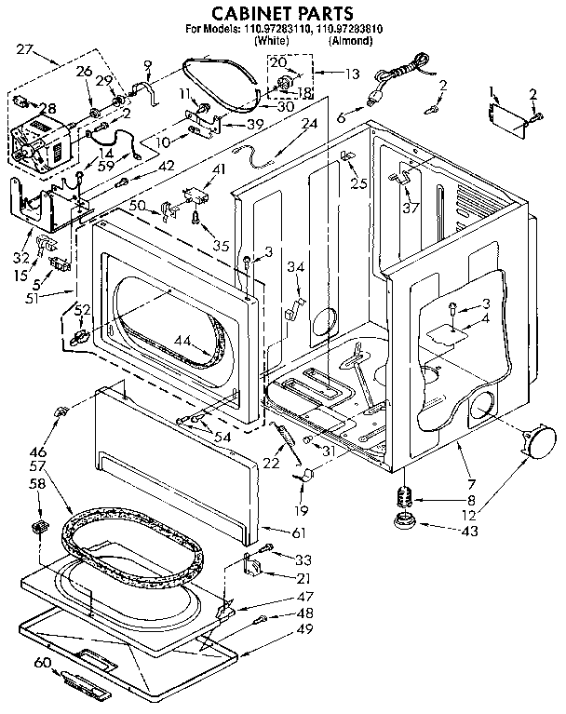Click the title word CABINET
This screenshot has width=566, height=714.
tap(237, 13)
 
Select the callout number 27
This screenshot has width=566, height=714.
tap(25, 48)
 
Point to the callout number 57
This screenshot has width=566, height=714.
tap(37, 464)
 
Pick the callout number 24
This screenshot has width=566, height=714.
tap(310, 123)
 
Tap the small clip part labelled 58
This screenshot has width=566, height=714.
tap(39, 529)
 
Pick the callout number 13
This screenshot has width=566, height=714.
tap(325, 73)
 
